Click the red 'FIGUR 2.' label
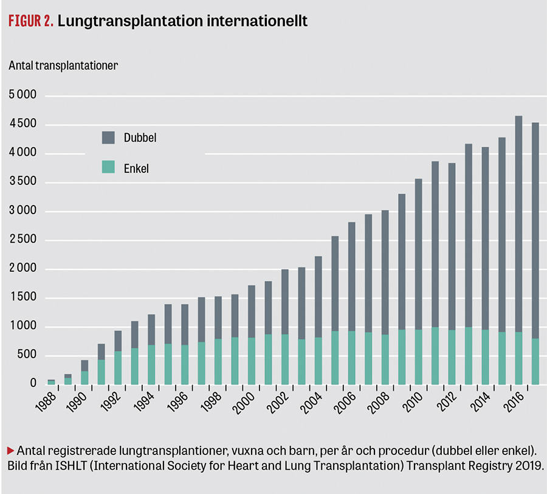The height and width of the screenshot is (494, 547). click(x=31, y=21)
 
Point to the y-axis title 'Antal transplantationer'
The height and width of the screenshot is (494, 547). click(x=63, y=66)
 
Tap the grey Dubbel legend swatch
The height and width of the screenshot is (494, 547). click(x=108, y=137)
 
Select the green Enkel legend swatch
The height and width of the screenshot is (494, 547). click(x=108, y=167)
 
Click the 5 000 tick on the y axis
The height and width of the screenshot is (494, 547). click(x=22, y=95)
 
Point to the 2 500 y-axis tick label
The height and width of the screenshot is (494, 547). click(x=22, y=239)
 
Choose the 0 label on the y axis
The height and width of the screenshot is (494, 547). click(x=33, y=383)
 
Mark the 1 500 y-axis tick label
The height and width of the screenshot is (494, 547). click(x=23, y=297)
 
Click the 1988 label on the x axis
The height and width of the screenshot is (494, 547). click(x=46, y=402)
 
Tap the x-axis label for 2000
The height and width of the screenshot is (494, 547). click(x=246, y=403)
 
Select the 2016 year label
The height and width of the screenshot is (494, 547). click(x=514, y=402)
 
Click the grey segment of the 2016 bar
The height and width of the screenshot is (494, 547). click(x=519, y=224)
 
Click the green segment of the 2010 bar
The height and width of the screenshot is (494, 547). click(x=418, y=357)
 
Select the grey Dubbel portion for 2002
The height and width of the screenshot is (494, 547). click(x=285, y=302)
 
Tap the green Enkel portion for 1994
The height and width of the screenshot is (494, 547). click(x=151, y=365)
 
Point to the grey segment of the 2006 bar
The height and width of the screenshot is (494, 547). click(x=352, y=276)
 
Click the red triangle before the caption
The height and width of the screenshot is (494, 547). click(x=11, y=451)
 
